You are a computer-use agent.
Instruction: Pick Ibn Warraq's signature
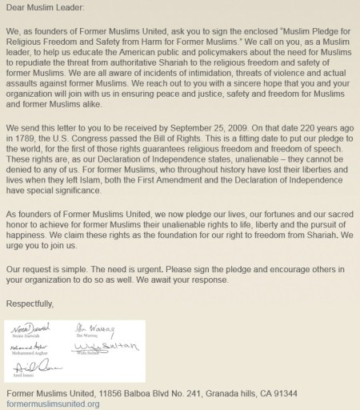coord(105,328)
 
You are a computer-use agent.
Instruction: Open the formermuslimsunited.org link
coord(52,404)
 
